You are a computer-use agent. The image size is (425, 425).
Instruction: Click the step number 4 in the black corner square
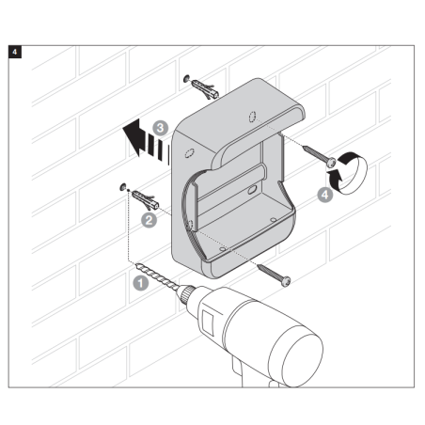point(15,52)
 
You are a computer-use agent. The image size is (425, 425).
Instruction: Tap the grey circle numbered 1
point(140,283)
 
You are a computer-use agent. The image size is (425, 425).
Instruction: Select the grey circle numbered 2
point(149,220)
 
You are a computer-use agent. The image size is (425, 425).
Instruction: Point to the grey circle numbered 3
point(160,128)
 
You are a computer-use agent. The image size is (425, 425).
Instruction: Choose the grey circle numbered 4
point(325,195)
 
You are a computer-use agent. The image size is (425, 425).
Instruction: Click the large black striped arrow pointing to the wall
point(143,140)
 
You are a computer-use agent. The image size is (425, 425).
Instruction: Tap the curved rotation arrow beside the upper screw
point(348,173)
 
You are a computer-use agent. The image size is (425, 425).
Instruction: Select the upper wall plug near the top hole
point(205,89)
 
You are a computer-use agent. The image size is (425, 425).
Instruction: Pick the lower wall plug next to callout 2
point(146,200)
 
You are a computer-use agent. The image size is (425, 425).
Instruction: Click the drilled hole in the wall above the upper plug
point(187,78)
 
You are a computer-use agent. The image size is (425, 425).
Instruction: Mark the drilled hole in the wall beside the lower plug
point(122,187)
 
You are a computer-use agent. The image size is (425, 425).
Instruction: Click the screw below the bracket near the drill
point(274,275)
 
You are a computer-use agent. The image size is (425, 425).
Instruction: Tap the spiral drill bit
point(157,275)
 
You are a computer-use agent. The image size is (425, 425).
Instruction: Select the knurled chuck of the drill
point(187,294)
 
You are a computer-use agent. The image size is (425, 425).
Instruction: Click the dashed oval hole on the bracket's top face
point(253,117)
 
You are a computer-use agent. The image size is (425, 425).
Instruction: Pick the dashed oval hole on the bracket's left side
point(190,153)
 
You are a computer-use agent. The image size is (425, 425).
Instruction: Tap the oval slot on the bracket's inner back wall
point(252,190)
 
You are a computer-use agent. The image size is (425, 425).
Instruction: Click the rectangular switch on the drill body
point(208,323)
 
